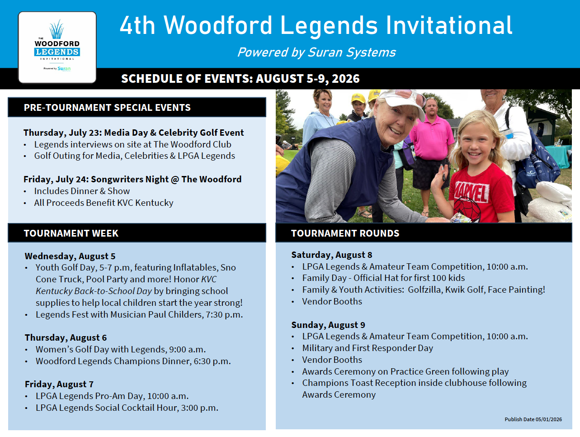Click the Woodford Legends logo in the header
[x=57, y=47]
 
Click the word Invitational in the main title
[x=449, y=25]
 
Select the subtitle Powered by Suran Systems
[x=316, y=52]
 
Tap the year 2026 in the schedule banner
[x=346, y=79]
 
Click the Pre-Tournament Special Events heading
[x=107, y=108]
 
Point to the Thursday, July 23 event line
[x=133, y=133]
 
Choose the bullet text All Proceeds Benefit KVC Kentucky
[x=104, y=203]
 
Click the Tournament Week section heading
[x=71, y=233]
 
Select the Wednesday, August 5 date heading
[x=70, y=256]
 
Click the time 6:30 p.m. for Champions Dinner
[x=212, y=361]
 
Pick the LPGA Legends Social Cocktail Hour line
[x=127, y=408]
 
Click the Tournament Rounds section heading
[x=345, y=233]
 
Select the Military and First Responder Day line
[x=368, y=348]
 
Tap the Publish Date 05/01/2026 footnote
[x=533, y=419]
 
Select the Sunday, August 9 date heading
[x=328, y=325]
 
